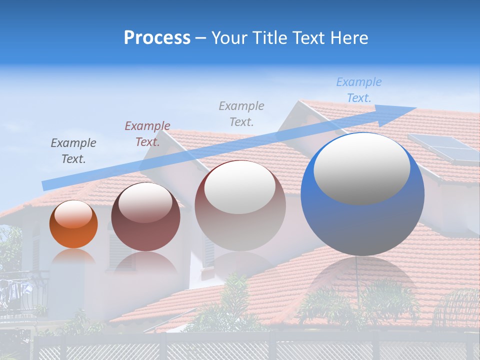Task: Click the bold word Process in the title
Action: pos(157,38)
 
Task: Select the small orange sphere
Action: pos(73,224)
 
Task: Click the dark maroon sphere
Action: pos(145,217)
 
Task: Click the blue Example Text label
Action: pos(358,90)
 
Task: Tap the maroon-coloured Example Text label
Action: pos(147,134)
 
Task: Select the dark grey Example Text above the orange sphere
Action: pos(73,151)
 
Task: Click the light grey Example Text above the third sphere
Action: pos(241,113)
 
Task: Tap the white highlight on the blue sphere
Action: pos(361,167)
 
